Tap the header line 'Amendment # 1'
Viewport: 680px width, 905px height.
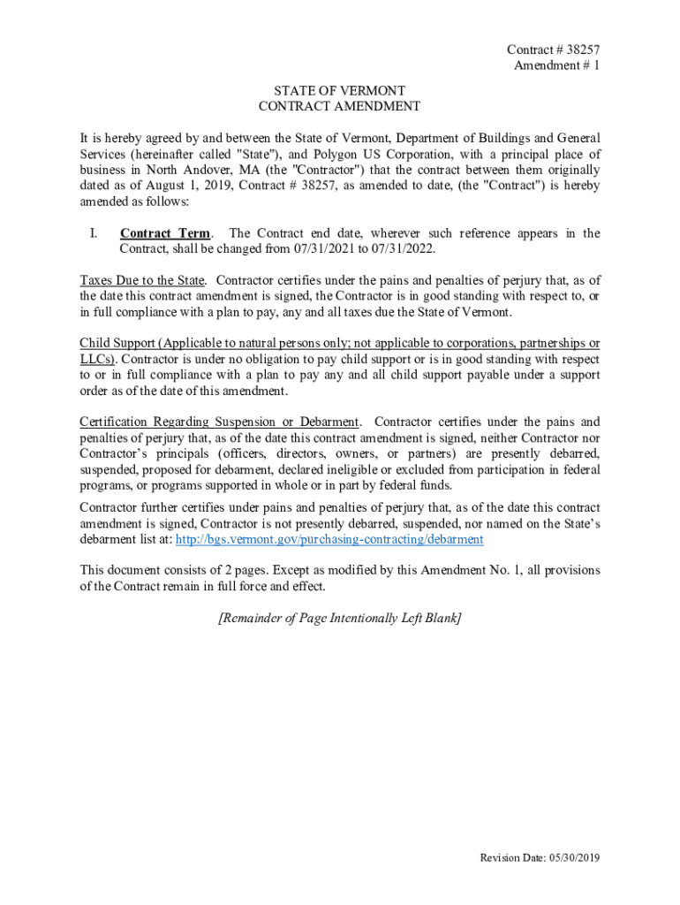click(556, 66)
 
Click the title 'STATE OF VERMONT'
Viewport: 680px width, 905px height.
click(339, 91)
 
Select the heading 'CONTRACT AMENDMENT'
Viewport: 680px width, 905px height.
click(339, 107)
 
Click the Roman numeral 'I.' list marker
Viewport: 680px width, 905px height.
click(92, 233)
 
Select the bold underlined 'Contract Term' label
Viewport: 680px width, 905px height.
click(165, 233)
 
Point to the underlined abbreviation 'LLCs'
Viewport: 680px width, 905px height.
click(97, 359)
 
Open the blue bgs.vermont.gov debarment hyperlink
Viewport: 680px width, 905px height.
click(329, 539)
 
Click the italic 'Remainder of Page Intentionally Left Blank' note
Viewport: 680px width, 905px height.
click(339, 618)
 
